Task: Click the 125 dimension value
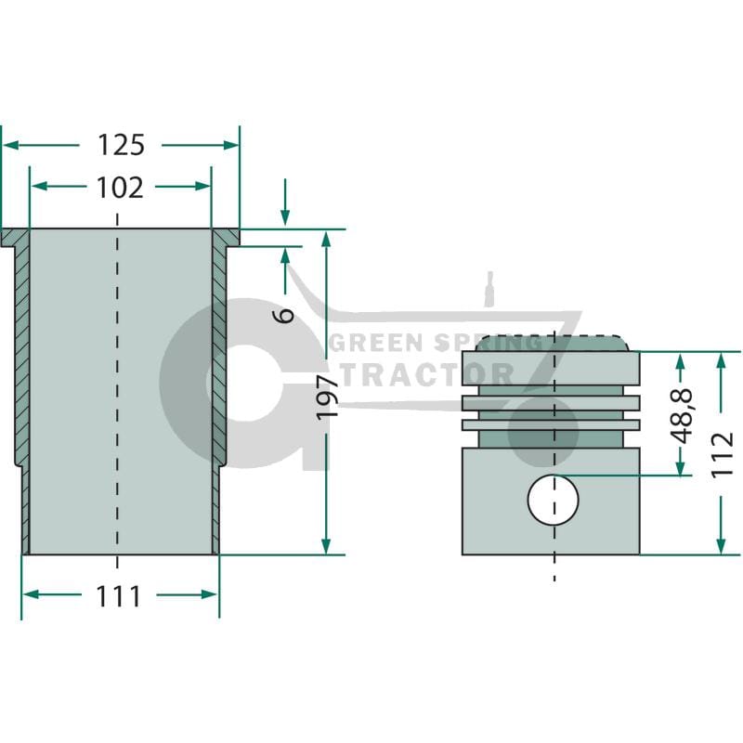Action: coord(121,145)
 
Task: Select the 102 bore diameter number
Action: coord(120,188)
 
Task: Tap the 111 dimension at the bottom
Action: coord(119,596)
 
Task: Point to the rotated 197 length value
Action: coord(327,397)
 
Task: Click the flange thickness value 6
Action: coord(285,315)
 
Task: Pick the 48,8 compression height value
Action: coord(683,415)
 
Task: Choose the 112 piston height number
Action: coord(723,454)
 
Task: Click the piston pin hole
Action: coord(554,500)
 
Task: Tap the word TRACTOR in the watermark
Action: coord(426,375)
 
